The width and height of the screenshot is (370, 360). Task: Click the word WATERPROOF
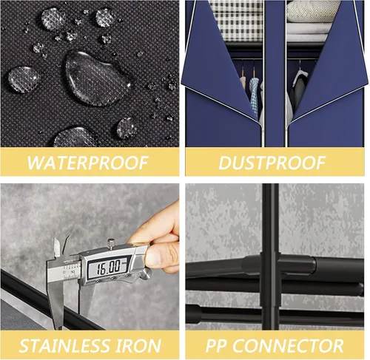tap(87, 163)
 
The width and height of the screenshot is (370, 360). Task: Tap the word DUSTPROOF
tap(272, 163)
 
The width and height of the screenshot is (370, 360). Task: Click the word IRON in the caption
tap(138, 345)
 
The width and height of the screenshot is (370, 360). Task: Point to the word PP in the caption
tap(215, 345)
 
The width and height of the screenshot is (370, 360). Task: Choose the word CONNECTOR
tap(288, 345)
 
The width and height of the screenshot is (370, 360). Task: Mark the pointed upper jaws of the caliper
tap(61, 247)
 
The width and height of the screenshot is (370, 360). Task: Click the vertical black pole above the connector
tap(270, 218)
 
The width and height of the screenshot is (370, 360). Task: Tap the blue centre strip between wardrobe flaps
tap(275, 74)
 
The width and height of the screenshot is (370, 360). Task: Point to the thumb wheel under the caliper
tap(146, 273)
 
